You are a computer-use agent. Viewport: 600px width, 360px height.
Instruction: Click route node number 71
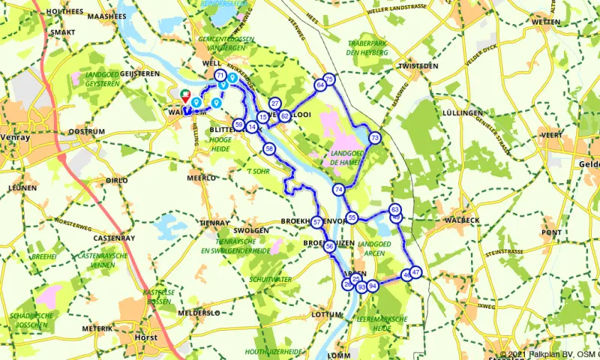[220, 77]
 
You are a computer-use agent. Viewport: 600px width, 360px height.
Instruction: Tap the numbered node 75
[328, 79]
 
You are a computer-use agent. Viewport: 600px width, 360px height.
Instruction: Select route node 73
[375, 137]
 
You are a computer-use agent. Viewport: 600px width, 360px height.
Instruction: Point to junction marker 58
[269, 150]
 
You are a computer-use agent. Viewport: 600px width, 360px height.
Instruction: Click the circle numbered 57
[317, 222]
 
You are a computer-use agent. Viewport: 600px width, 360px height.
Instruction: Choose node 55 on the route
[352, 218]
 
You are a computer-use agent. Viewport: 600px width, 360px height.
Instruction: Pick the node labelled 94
[373, 286]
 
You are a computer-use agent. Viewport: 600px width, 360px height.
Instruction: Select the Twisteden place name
[418, 66]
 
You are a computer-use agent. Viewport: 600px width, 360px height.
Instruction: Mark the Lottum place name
[325, 314]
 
